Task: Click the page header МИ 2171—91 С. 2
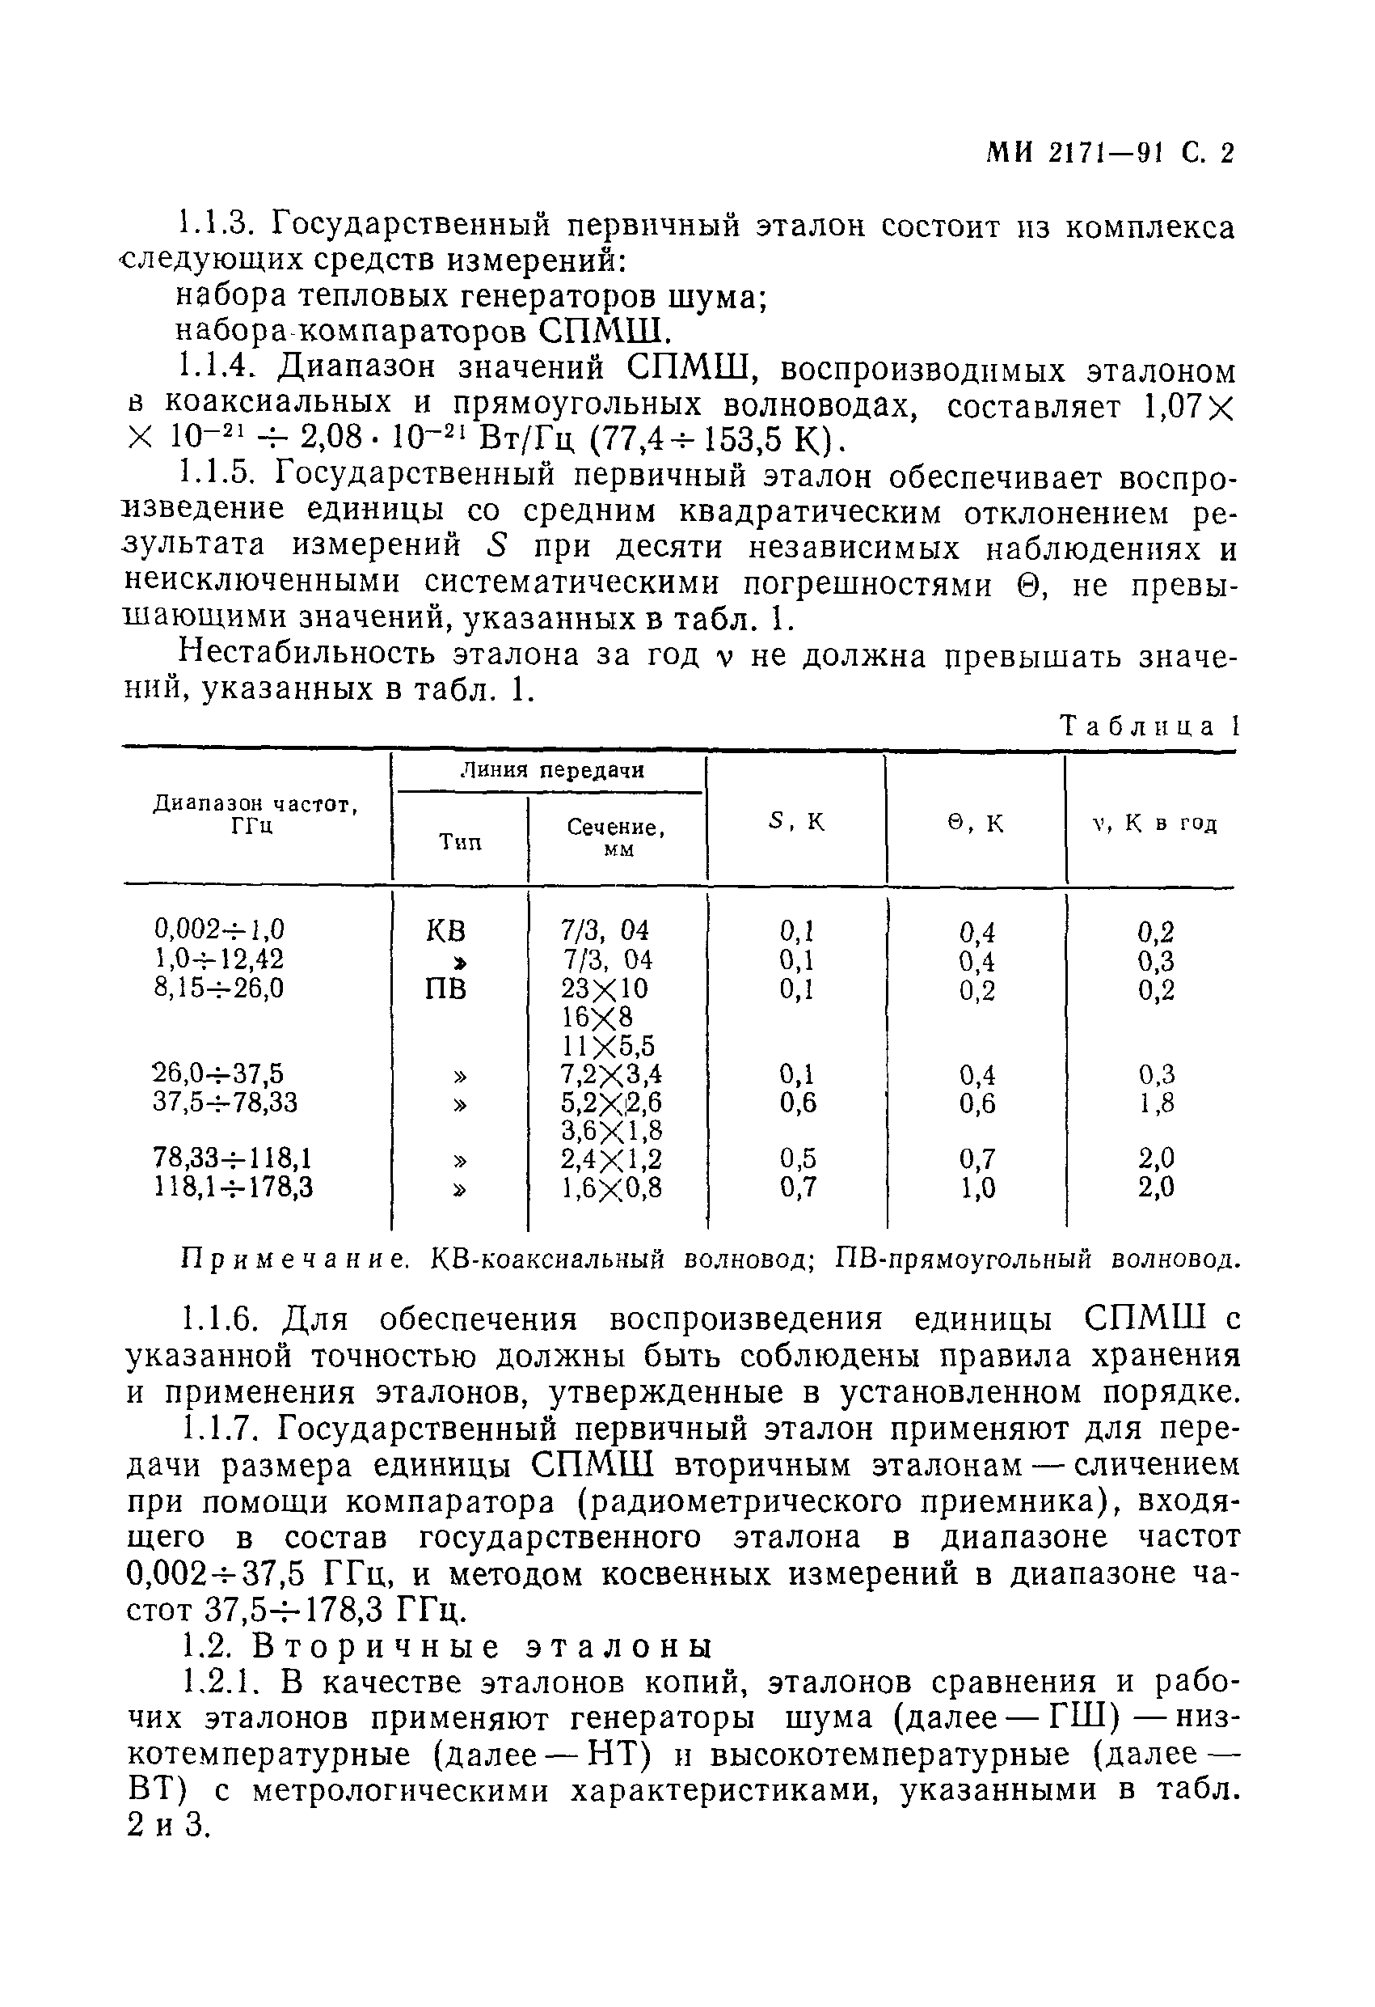(1110, 153)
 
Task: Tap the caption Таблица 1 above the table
(1149, 726)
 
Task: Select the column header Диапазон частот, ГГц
(255, 815)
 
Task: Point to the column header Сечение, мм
(616, 836)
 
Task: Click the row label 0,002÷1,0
(219, 929)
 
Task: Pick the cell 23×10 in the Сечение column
(604, 988)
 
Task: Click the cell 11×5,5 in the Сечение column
(609, 1046)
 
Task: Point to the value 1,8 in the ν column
(1156, 1103)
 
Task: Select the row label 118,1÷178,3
(233, 1188)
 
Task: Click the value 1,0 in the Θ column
(977, 1189)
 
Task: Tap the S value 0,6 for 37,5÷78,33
(798, 1103)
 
